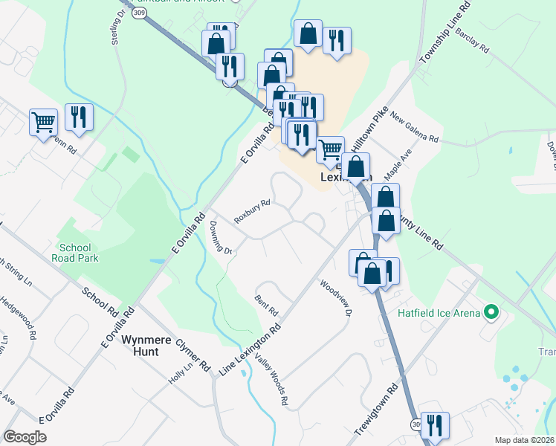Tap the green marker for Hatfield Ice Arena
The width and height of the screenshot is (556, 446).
490,313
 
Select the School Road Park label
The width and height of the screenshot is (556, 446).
75,253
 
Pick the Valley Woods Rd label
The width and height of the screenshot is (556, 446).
271,378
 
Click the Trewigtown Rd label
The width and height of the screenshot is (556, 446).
383,402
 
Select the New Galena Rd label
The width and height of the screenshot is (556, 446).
415,129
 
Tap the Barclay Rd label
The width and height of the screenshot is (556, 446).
473,42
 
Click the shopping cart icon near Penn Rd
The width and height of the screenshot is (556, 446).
44,121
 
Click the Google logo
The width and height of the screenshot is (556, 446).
25,437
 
